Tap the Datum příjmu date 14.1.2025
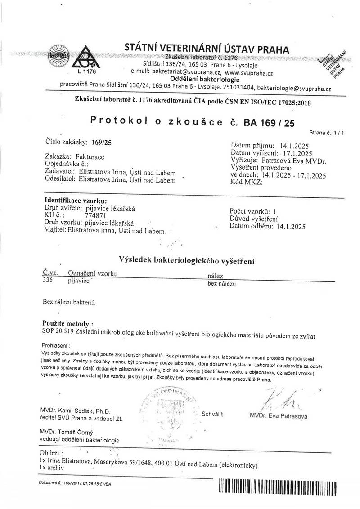tap(294, 146)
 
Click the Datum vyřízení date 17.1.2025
tap(299, 153)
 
